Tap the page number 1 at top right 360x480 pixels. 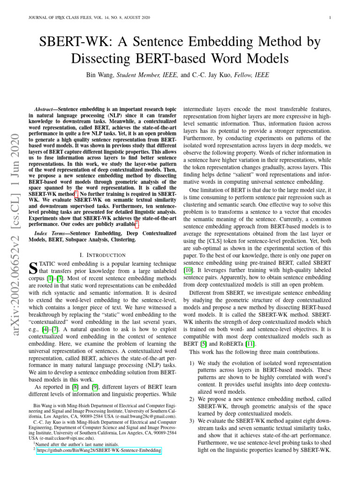click(331, 18)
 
